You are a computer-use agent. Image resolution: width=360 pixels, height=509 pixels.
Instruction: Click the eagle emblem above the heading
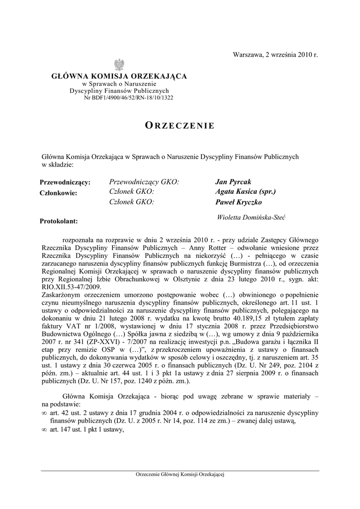[x=119, y=64]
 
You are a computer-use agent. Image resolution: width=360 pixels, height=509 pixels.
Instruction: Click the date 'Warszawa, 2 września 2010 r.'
[x=275, y=54]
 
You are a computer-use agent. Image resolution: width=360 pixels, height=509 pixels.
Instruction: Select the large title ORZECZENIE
[x=180, y=125]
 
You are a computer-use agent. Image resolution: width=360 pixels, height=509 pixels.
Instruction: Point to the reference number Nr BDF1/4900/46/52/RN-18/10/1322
[x=129, y=97]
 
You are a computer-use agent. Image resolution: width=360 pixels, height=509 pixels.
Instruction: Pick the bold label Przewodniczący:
[x=65, y=183]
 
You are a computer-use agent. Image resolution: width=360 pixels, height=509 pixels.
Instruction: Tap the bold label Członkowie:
[x=59, y=193]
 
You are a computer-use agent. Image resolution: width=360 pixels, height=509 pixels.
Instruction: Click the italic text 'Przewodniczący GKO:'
[x=143, y=182]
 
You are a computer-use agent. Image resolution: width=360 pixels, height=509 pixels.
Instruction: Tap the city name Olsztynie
[x=192, y=279]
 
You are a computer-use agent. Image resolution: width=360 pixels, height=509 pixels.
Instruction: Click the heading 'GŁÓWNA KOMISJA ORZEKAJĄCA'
[x=119, y=76]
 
